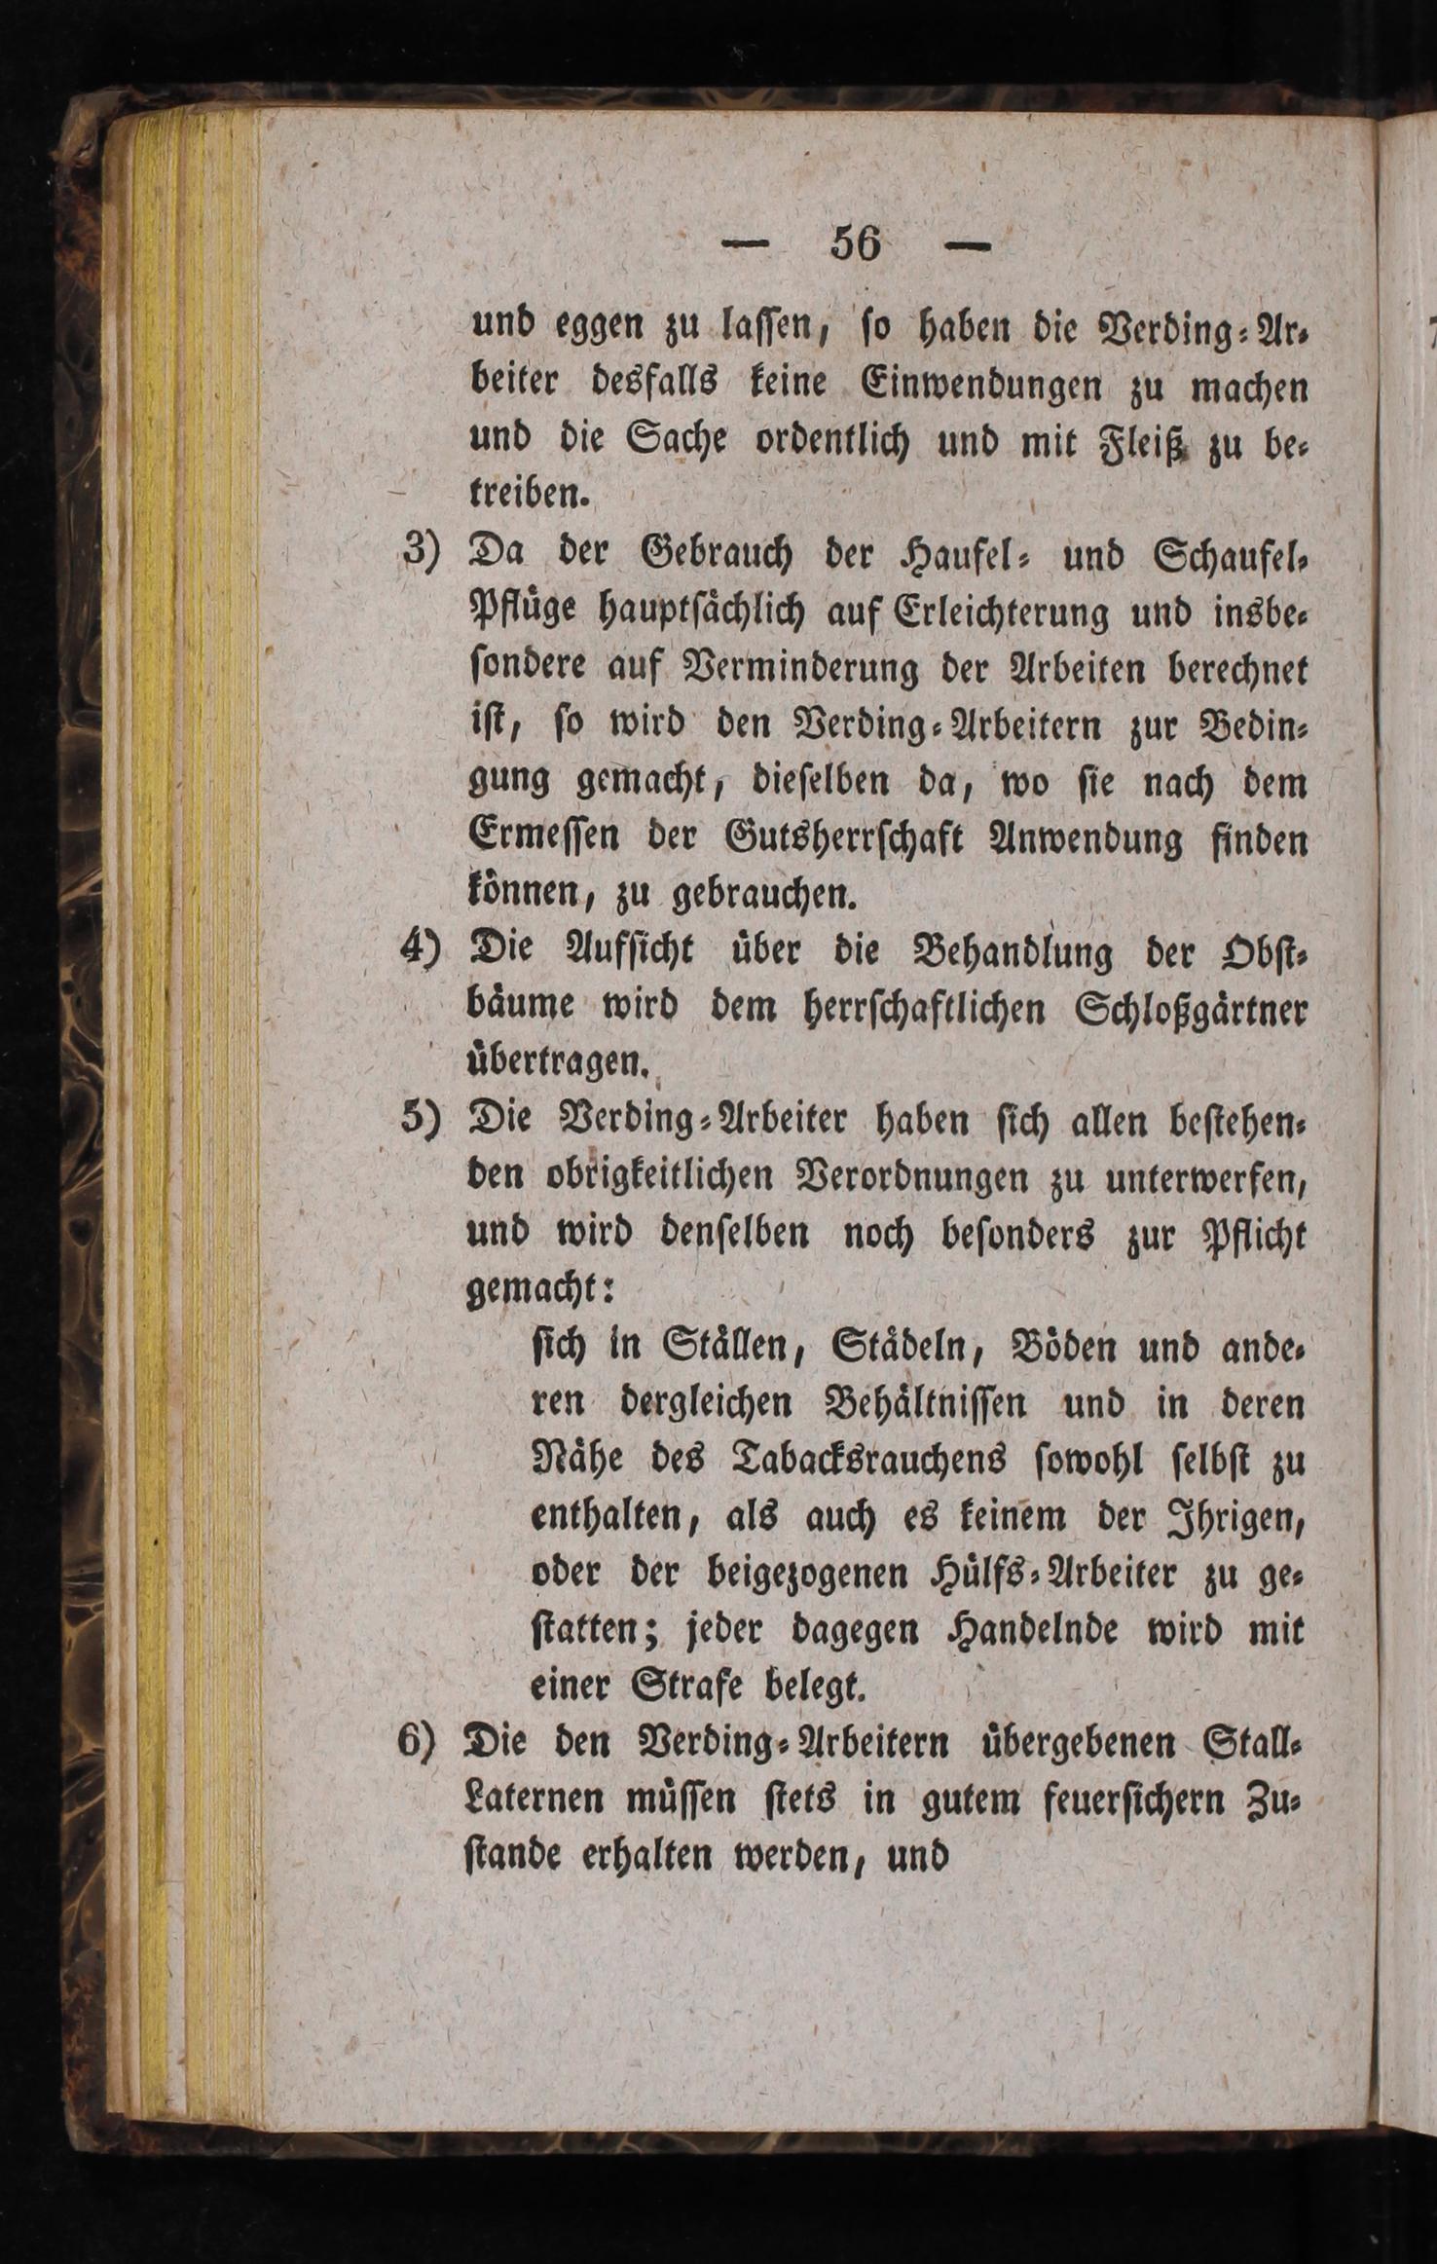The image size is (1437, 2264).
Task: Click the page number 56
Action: [x=856, y=242]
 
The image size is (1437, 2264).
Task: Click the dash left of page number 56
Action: [x=753, y=245]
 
